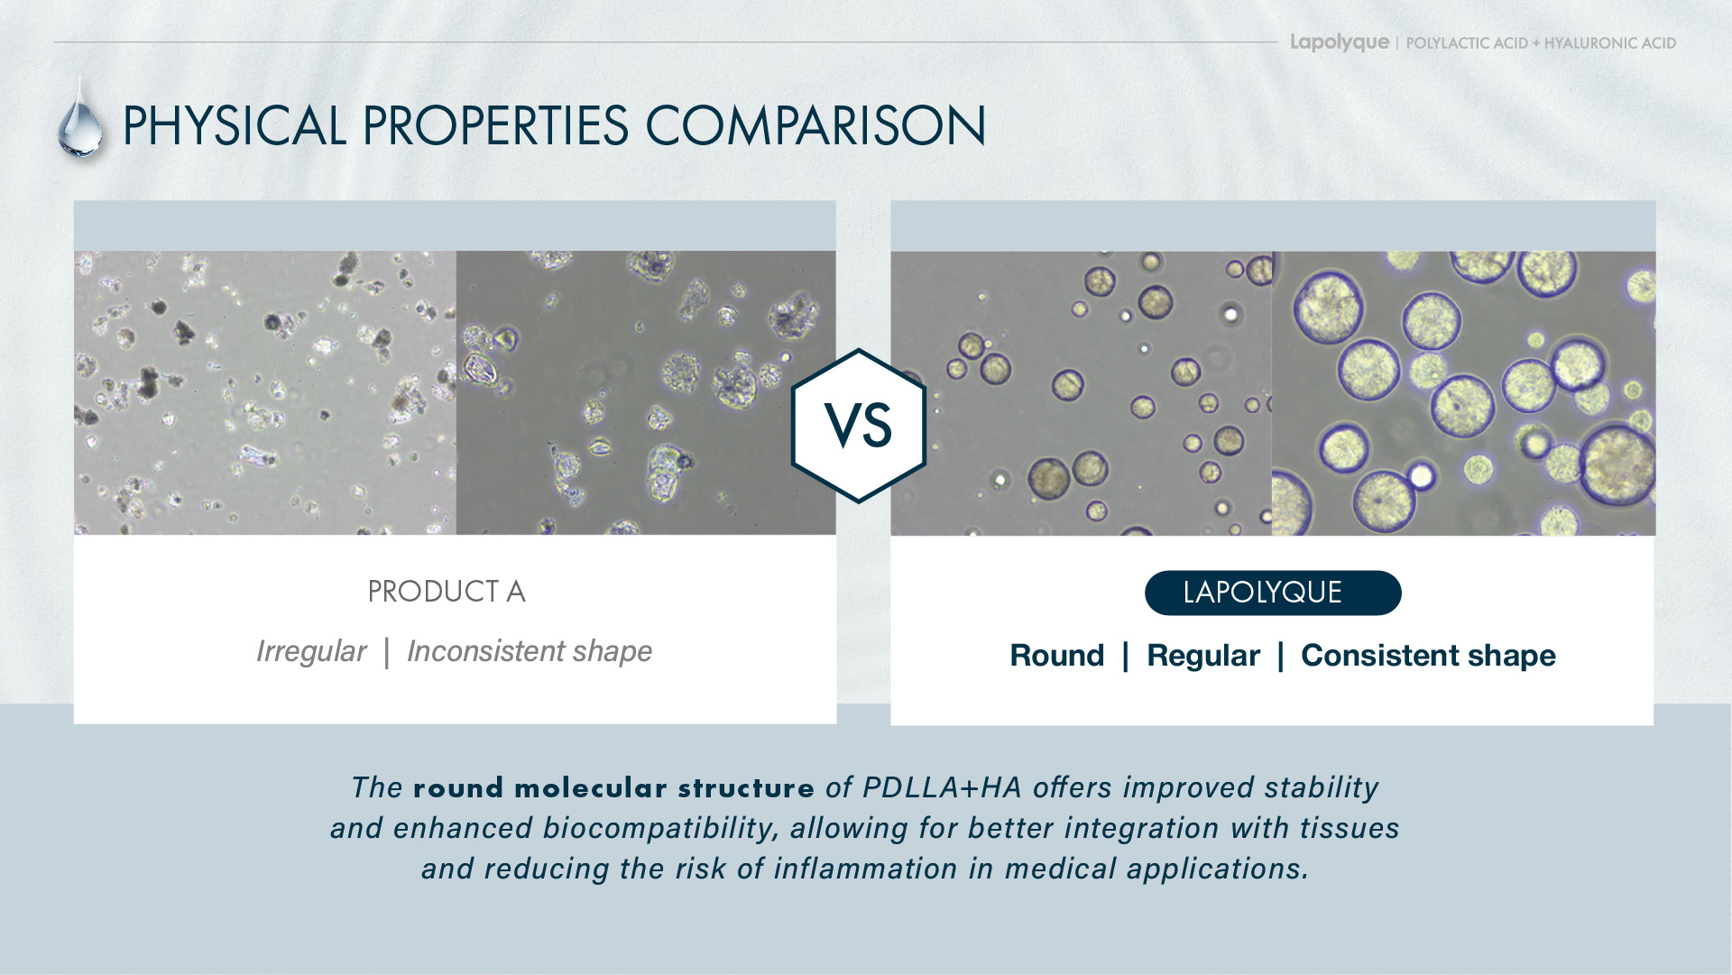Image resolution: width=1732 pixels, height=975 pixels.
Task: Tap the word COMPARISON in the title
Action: (x=815, y=125)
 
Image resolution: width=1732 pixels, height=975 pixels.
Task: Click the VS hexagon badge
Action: (x=859, y=426)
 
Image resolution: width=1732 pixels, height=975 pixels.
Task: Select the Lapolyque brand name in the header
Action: (x=1340, y=42)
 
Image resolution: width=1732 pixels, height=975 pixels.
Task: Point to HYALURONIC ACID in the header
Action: (x=1610, y=43)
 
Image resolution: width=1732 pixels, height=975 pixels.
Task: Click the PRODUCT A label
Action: (x=447, y=592)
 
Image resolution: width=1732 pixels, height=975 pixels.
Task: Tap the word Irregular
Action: (x=311, y=651)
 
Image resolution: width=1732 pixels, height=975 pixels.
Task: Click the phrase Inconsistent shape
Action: (x=530, y=651)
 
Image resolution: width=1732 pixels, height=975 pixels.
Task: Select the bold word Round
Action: (x=1057, y=656)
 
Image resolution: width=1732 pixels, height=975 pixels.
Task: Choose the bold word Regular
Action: (x=1203, y=656)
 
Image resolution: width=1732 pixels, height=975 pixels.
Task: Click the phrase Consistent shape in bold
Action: (x=1428, y=656)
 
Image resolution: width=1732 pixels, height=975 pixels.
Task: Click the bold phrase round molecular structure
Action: (x=614, y=787)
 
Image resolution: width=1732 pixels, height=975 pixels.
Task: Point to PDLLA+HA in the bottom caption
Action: (x=943, y=787)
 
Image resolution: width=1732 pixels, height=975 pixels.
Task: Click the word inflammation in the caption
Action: (x=865, y=869)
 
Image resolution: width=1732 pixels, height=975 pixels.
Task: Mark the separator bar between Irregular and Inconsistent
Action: (x=387, y=652)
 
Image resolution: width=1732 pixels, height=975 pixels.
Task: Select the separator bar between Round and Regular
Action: (x=1126, y=657)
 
